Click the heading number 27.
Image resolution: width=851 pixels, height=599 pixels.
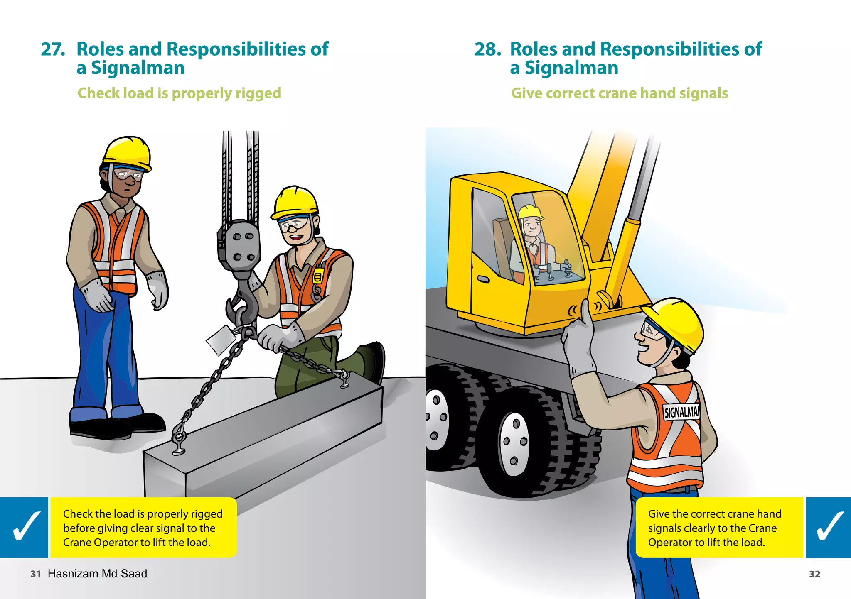pos(53,49)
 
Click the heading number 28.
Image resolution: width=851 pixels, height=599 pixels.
pos(487,49)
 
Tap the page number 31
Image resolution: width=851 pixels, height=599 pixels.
pos(36,574)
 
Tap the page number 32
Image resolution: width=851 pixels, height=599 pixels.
pos(814,574)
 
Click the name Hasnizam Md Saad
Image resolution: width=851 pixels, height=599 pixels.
pos(97,574)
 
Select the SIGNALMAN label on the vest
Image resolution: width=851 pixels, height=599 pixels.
pos(681,412)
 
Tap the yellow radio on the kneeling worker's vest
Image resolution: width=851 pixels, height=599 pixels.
pos(318,276)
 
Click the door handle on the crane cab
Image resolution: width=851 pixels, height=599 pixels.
pos(483,279)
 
